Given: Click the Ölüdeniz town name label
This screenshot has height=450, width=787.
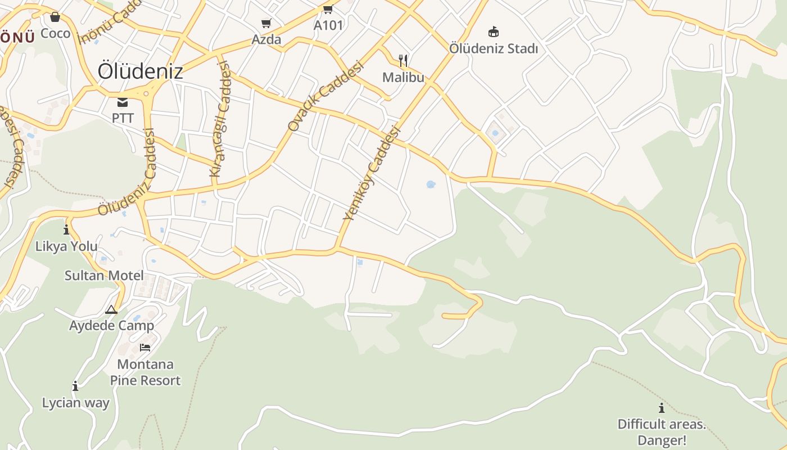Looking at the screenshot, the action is click(x=140, y=71).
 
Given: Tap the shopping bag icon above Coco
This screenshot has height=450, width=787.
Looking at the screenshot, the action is click(x=55, y=17).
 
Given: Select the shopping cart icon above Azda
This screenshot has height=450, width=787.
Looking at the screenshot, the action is click(x=266, y=24).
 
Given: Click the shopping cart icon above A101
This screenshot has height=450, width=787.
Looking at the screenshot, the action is click(x=328, y=9).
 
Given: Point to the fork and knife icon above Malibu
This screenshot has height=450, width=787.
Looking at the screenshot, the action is click(x=403, y=60).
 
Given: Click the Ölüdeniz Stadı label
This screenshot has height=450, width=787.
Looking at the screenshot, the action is click(x=493, y=48).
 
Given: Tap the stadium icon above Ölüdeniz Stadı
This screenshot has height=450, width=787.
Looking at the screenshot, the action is click(x=494, y=31).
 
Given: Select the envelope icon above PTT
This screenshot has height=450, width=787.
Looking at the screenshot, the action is click(x=123, y=102).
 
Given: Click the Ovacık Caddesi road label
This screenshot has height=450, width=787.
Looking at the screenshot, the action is click(x=325, y=96).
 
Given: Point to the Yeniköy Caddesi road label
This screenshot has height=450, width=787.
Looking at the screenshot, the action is click(x=372, y=173).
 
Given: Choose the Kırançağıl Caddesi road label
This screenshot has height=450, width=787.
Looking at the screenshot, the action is click(x=220, y=119).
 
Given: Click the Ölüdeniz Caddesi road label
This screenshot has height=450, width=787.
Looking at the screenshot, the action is click(x=126, y=173).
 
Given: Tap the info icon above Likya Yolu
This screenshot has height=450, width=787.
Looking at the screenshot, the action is click(x=66, y=229).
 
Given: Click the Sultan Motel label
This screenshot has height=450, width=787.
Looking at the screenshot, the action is click(x=104, y=276).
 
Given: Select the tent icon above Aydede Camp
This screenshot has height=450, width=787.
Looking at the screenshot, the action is click(x=111, y=309).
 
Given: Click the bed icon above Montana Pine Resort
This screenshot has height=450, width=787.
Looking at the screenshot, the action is click(x=145, y=348).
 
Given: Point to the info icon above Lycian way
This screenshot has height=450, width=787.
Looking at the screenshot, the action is click(x=75, y=386).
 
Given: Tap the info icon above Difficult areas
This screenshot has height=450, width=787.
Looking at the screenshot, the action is click(x=662, y=408).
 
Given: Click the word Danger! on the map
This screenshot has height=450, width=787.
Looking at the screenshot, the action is click(x=662, y=440).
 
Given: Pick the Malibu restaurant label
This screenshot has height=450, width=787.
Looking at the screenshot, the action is click(x=403, y=77).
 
